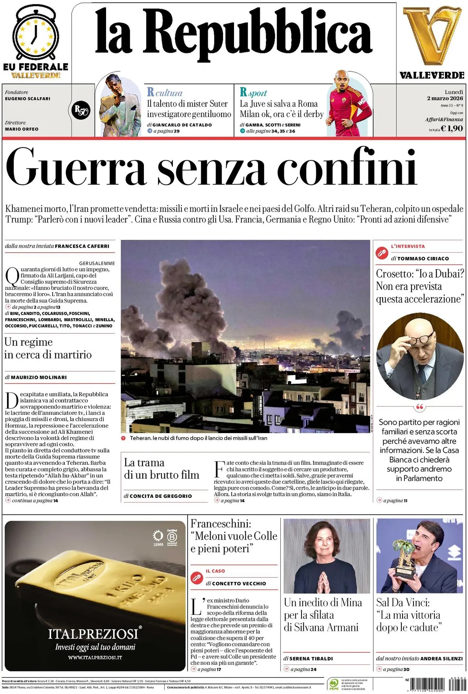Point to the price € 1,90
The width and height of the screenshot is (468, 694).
pos(452,128)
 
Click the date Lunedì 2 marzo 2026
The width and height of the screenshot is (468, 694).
pos(445,96)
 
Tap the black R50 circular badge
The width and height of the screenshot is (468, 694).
pos(81,110)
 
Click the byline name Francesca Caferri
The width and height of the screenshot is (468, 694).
pos(82,246)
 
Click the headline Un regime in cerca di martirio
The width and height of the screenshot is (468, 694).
pos(48,348)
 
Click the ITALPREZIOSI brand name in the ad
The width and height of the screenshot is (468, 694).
pos(93,634)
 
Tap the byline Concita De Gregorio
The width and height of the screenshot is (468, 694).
pos(160,496)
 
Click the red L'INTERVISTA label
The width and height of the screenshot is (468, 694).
pos(408,246)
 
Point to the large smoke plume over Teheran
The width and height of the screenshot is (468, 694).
pos(183,308)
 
